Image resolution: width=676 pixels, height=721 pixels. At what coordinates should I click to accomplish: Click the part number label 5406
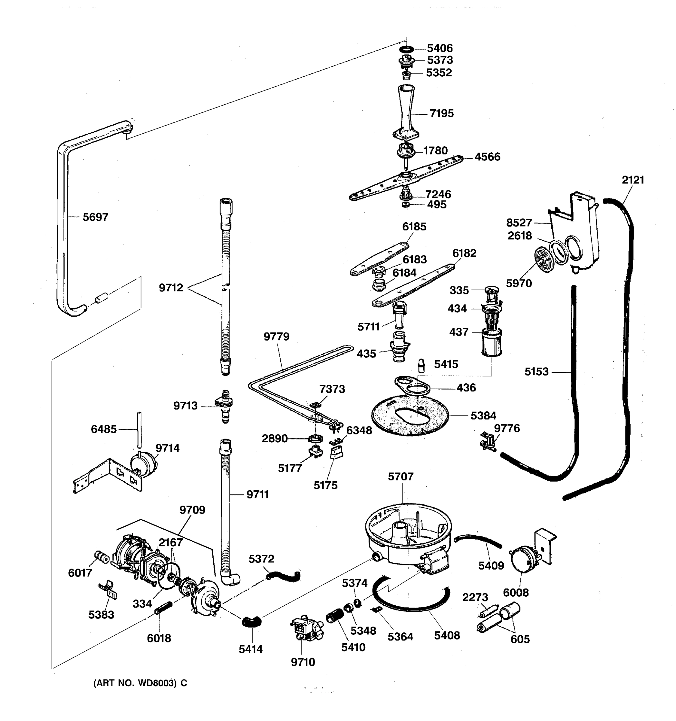point(440,48)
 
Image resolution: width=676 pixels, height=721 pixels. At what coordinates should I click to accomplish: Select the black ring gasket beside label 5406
point(407,49)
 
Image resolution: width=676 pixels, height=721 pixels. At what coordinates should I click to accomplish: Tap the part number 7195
point(441,114)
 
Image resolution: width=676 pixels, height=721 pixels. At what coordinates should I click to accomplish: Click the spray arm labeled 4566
point(406,178)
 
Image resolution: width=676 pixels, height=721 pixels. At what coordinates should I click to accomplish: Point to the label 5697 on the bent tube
point(95,217)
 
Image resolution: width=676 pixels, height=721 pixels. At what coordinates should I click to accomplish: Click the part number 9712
point(171,288)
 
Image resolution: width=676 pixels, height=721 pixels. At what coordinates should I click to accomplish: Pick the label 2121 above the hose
point(633,180)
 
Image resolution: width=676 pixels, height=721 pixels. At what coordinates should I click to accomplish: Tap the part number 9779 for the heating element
point(276,336)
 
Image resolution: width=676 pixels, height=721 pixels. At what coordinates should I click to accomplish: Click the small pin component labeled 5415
point(422,365)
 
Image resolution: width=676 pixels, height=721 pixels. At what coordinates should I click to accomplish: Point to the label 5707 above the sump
point(400,476)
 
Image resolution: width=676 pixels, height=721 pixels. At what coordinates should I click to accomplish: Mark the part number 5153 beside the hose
point(536,372)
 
